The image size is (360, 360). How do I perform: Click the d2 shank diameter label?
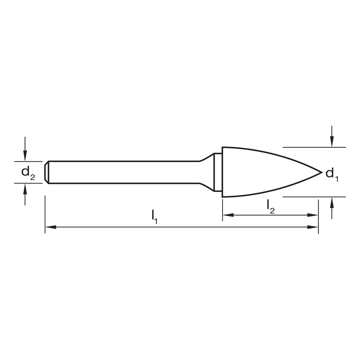27,173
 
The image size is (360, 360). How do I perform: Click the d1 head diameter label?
332,175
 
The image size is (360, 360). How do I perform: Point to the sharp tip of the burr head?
321,172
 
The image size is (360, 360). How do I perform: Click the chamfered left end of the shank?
47,172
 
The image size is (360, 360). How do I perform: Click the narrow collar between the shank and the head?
217,172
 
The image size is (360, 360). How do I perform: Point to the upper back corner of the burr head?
222,148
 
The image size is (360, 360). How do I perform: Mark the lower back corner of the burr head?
222,197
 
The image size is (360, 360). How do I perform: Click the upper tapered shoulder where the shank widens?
206,157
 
